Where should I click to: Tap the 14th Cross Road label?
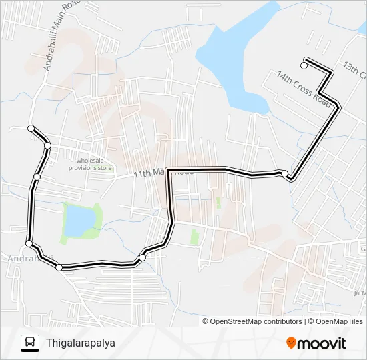304,87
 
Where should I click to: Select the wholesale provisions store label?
93,164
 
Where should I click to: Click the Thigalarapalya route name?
81,343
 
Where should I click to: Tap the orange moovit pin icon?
291,343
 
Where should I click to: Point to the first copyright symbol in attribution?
206,321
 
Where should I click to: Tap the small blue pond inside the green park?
79,220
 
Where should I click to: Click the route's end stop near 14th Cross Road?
304,65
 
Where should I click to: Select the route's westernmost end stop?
31,127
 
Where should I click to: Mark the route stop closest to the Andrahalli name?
29,243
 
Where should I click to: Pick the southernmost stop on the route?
59,267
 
